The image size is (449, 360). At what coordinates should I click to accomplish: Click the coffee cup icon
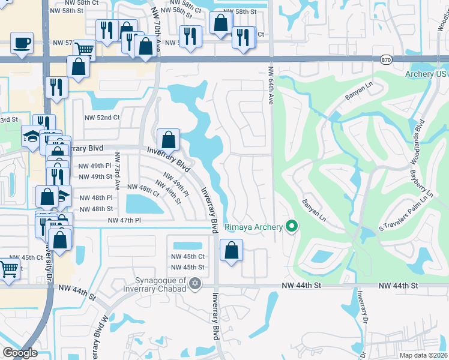pyautogui.click(x=22, y=43)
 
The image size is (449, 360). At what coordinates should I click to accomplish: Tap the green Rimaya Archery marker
pyautogui.click(x=292, y=227)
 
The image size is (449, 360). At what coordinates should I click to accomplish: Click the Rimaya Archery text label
pyautogui.click(x=253, y=227)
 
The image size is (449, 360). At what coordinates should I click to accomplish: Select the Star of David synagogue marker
pyautogui.click(x=194, y=283)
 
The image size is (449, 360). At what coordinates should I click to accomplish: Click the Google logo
pyautogui.click(x=20, y=353)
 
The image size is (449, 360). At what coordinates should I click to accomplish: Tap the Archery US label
pyautogui.click(x=427, y=74)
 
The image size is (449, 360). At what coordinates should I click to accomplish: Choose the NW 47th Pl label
pyautogui.click(x=124, y=221)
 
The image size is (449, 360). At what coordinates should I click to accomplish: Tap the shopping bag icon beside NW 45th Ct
pyautogui.click(x=231, y=250)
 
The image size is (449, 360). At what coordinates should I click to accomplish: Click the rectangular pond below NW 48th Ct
pyautogui.click(x=144, y=205)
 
